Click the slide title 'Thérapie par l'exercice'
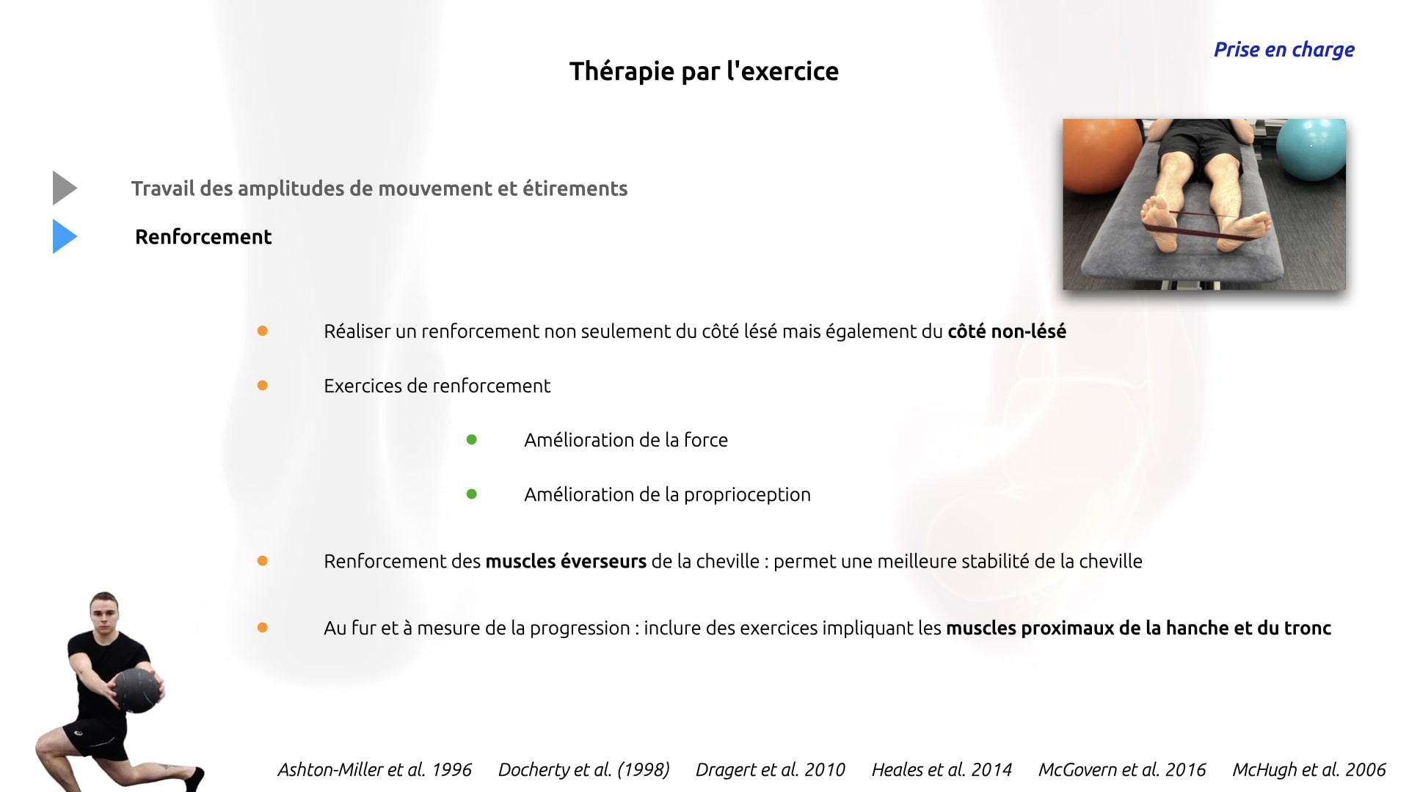tap(704, 72)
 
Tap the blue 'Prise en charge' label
tap(1284, 50)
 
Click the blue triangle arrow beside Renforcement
tap(65, 237)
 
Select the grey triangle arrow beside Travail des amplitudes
tap(65, 188)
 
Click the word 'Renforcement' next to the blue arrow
tap(203, 237)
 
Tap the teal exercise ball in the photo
tap(1311, 150)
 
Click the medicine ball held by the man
tap(137, 690)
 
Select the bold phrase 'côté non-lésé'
tap(1007, 331)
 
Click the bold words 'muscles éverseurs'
tap(566, 562)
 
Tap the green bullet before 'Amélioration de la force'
tap(472, 440)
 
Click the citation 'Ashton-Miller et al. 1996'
tap(374, 769)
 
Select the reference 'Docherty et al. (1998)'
tap(584, 769)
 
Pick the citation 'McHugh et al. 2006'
tap(1308, 769)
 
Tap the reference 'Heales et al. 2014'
tap(942, 769)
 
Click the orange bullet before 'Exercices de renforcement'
tap(263, 386)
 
